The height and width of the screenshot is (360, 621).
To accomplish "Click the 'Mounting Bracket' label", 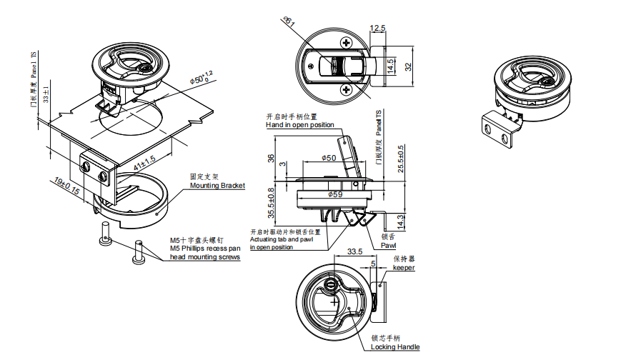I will pos(217,186).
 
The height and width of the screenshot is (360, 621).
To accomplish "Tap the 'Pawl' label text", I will pos(388,244).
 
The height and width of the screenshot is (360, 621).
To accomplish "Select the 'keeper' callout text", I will pos(404,268).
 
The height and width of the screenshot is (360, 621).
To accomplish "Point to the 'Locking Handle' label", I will pos(395,347).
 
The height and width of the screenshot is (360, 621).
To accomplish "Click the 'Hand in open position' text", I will pos(300,125).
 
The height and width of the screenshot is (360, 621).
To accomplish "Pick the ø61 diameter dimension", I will pos(289,23).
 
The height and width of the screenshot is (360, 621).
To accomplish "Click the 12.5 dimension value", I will pos(377,28).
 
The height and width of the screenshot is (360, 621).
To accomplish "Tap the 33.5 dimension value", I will pos(354,251).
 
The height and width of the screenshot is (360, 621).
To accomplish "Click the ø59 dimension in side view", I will pos(335,194).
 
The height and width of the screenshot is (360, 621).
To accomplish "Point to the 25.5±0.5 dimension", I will pos(400,164).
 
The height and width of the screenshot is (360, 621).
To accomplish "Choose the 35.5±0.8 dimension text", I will pos(272,204).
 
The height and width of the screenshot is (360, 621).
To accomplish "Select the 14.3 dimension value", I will pos(400,221).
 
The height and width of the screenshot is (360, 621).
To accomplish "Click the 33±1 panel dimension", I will pos(46,96).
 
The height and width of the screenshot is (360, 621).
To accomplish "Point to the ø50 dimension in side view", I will pos(329,157).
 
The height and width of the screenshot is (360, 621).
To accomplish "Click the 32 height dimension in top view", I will pos(408,66).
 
